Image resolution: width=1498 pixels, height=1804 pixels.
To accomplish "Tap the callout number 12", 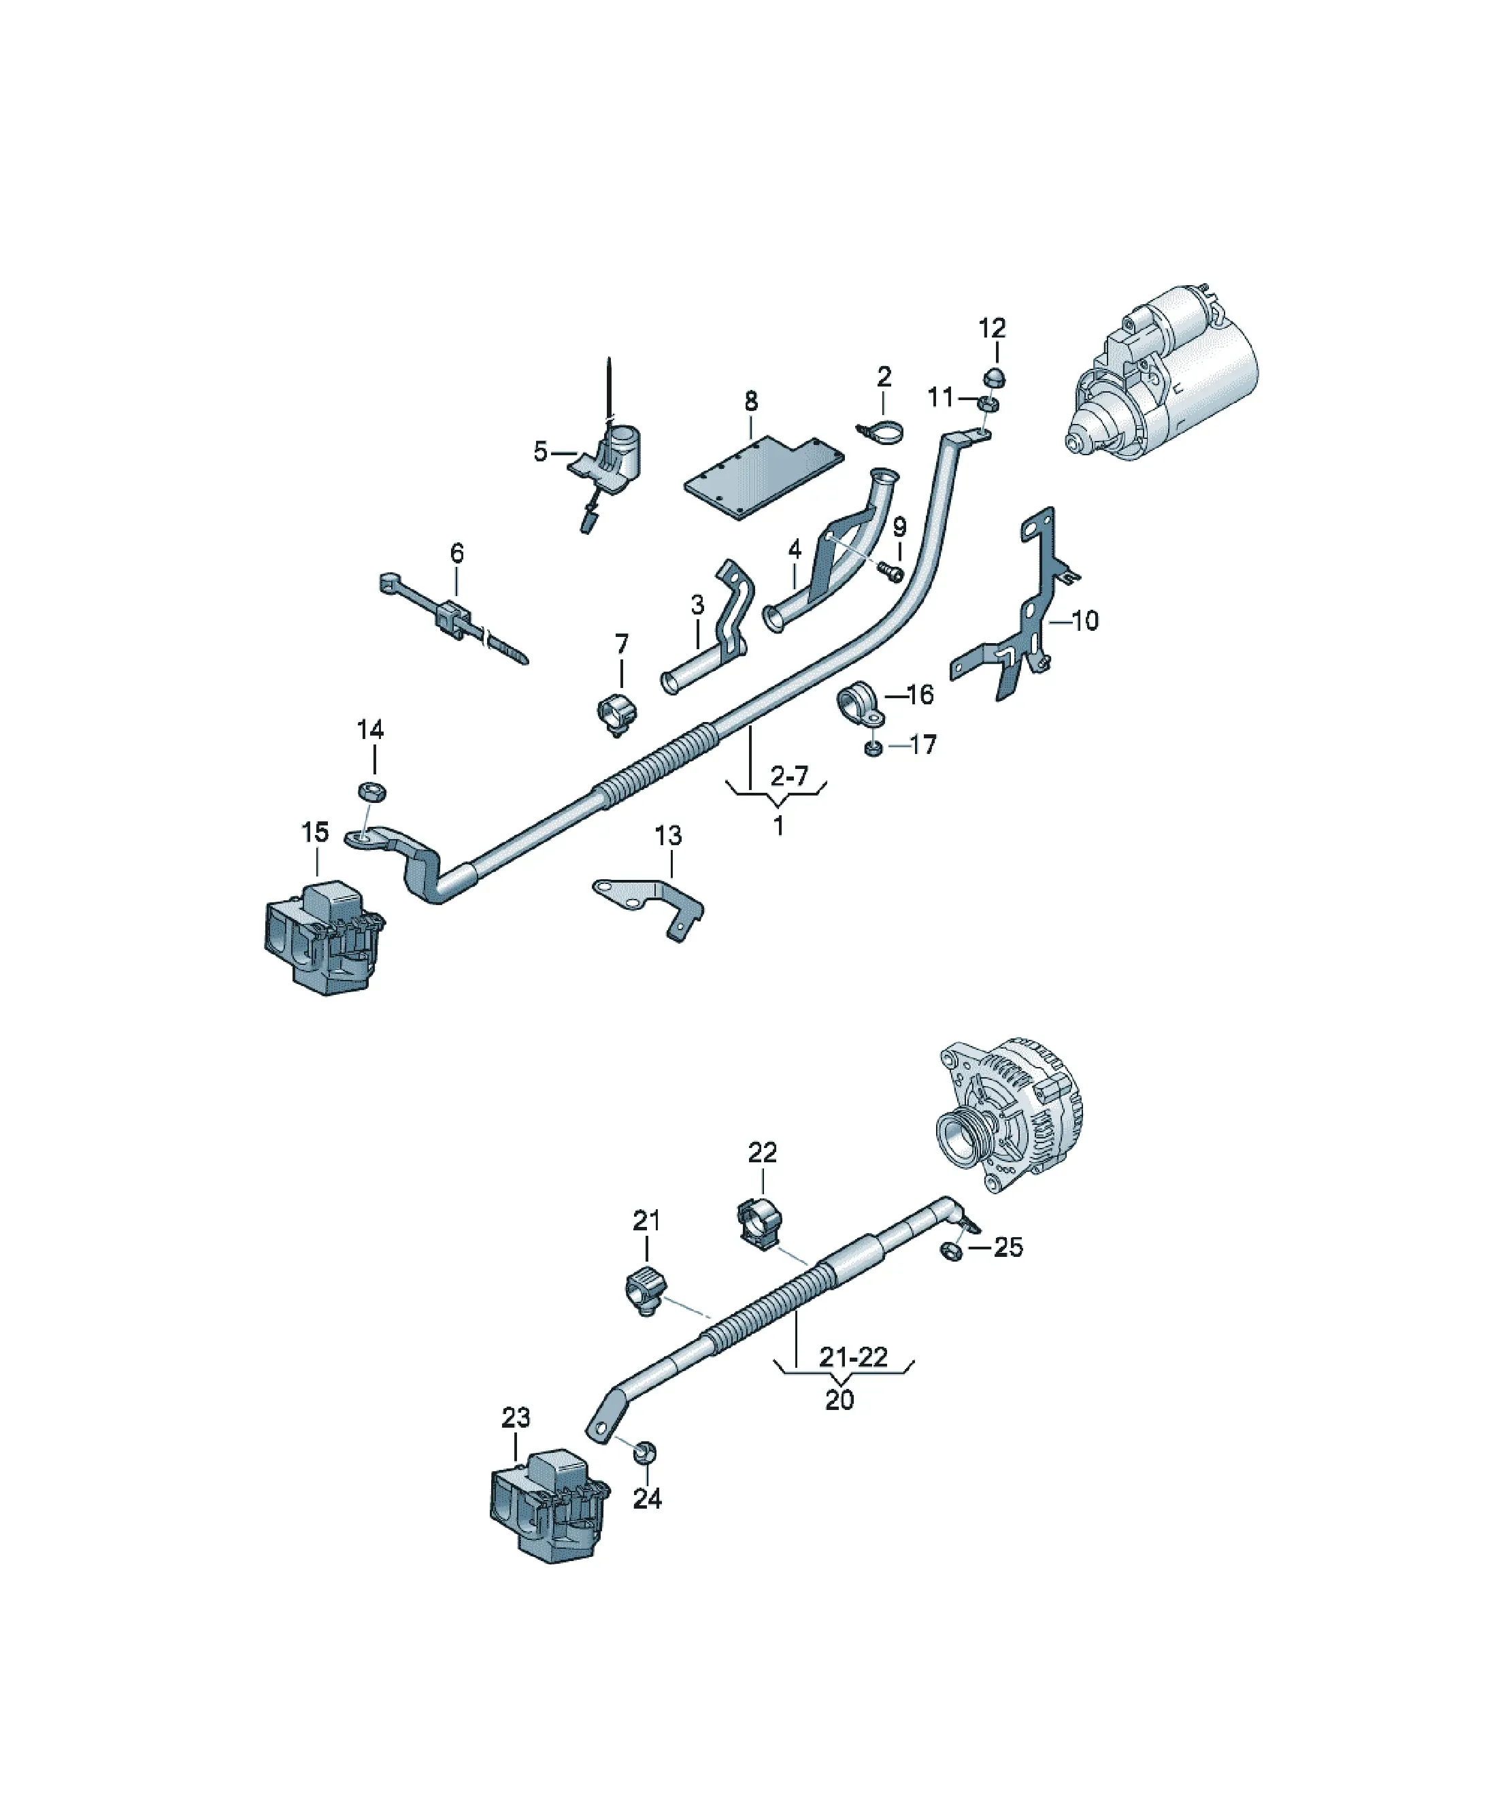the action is point(992,328).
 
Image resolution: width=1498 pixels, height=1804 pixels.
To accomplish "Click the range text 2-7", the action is point(789,776).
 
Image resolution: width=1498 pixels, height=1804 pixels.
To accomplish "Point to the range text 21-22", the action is point(853,1358).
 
